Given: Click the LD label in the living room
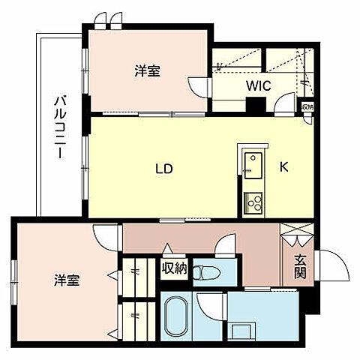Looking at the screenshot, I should [x=165, y=169].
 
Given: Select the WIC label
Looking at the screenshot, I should [x=259, y=85].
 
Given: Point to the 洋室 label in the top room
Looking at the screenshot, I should [x=147, y=70].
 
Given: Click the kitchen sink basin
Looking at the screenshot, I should [x=252, y=160].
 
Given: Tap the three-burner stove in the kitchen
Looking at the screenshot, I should [x=252, y=202].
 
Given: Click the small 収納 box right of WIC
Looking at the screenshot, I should [x=307, y=106].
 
